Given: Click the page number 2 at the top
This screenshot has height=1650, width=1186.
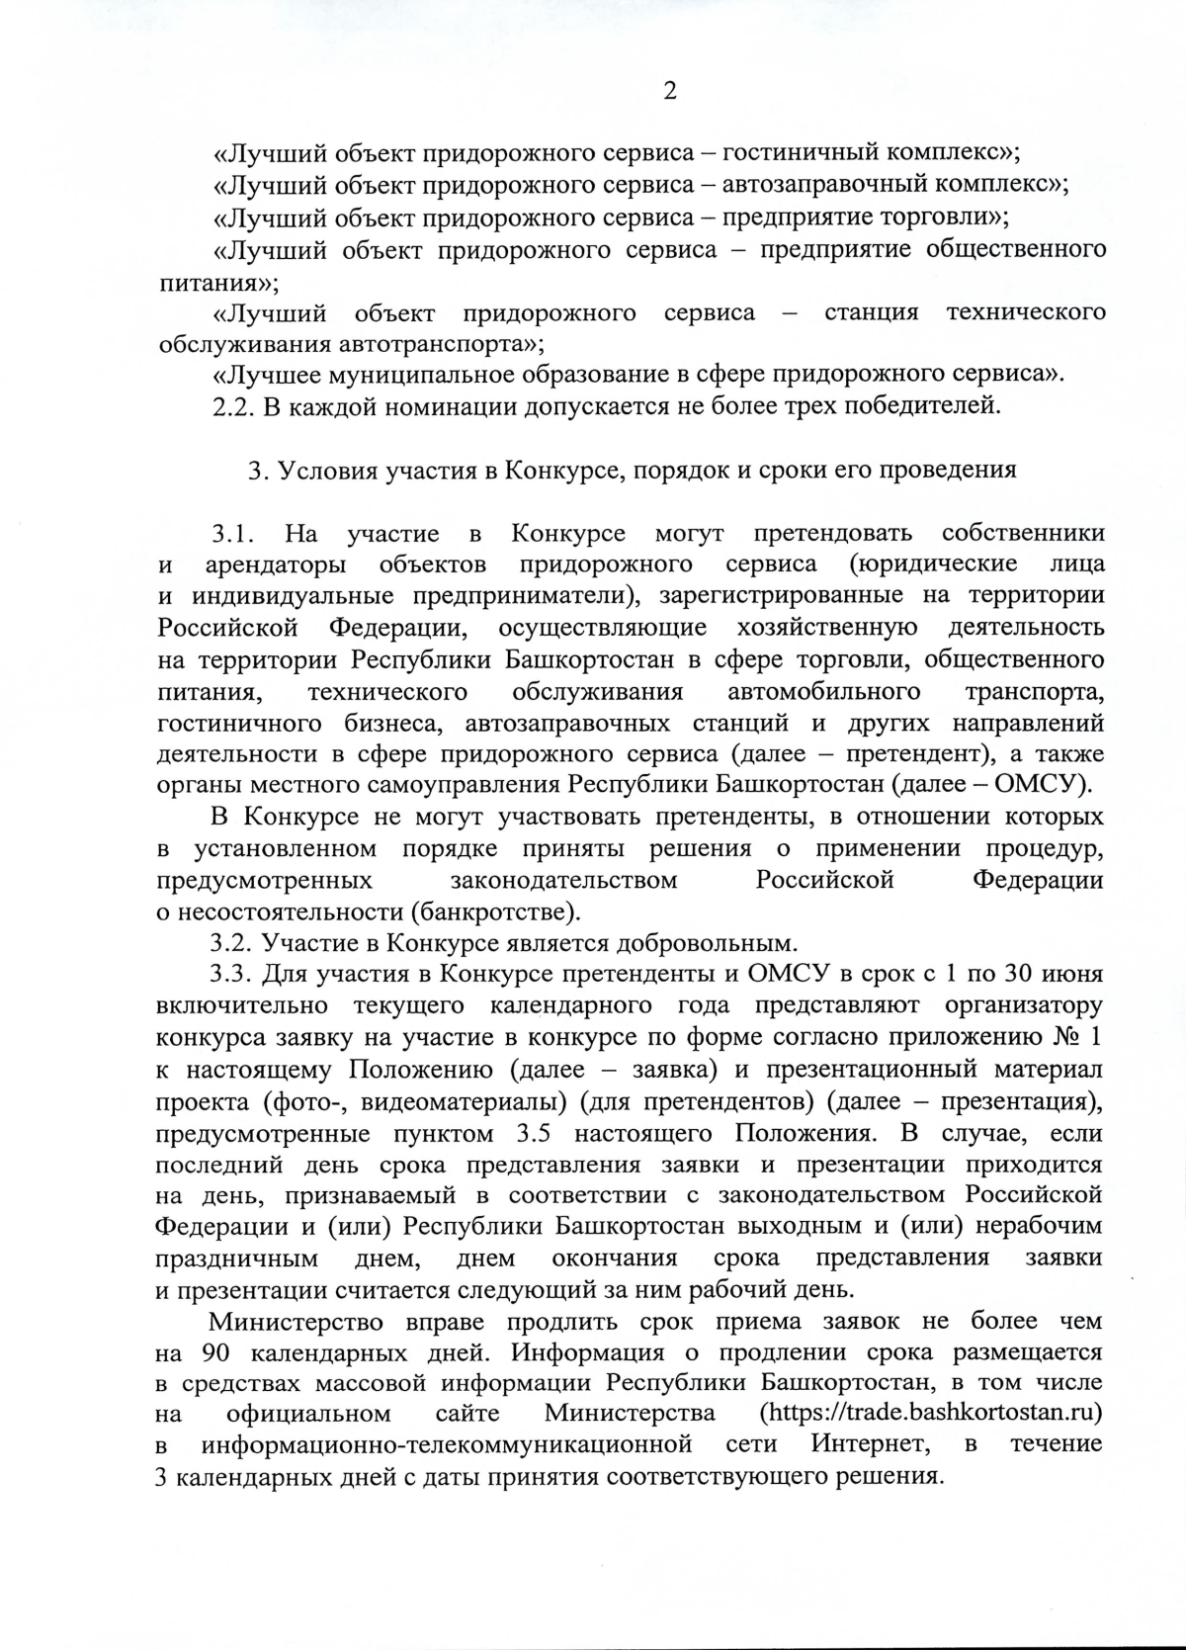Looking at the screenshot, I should click(x=670, y=92).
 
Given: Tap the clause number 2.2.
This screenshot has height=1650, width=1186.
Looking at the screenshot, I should click(x=233, y=406).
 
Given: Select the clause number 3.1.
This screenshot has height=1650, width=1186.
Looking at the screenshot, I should click(x=233, y=534).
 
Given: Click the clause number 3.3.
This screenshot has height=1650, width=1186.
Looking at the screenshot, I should click(x=233, y=974).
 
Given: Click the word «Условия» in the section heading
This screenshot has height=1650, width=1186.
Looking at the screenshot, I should click(x=324, y=470).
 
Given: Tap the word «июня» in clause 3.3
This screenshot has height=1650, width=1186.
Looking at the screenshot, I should click(x=1073, y=974).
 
